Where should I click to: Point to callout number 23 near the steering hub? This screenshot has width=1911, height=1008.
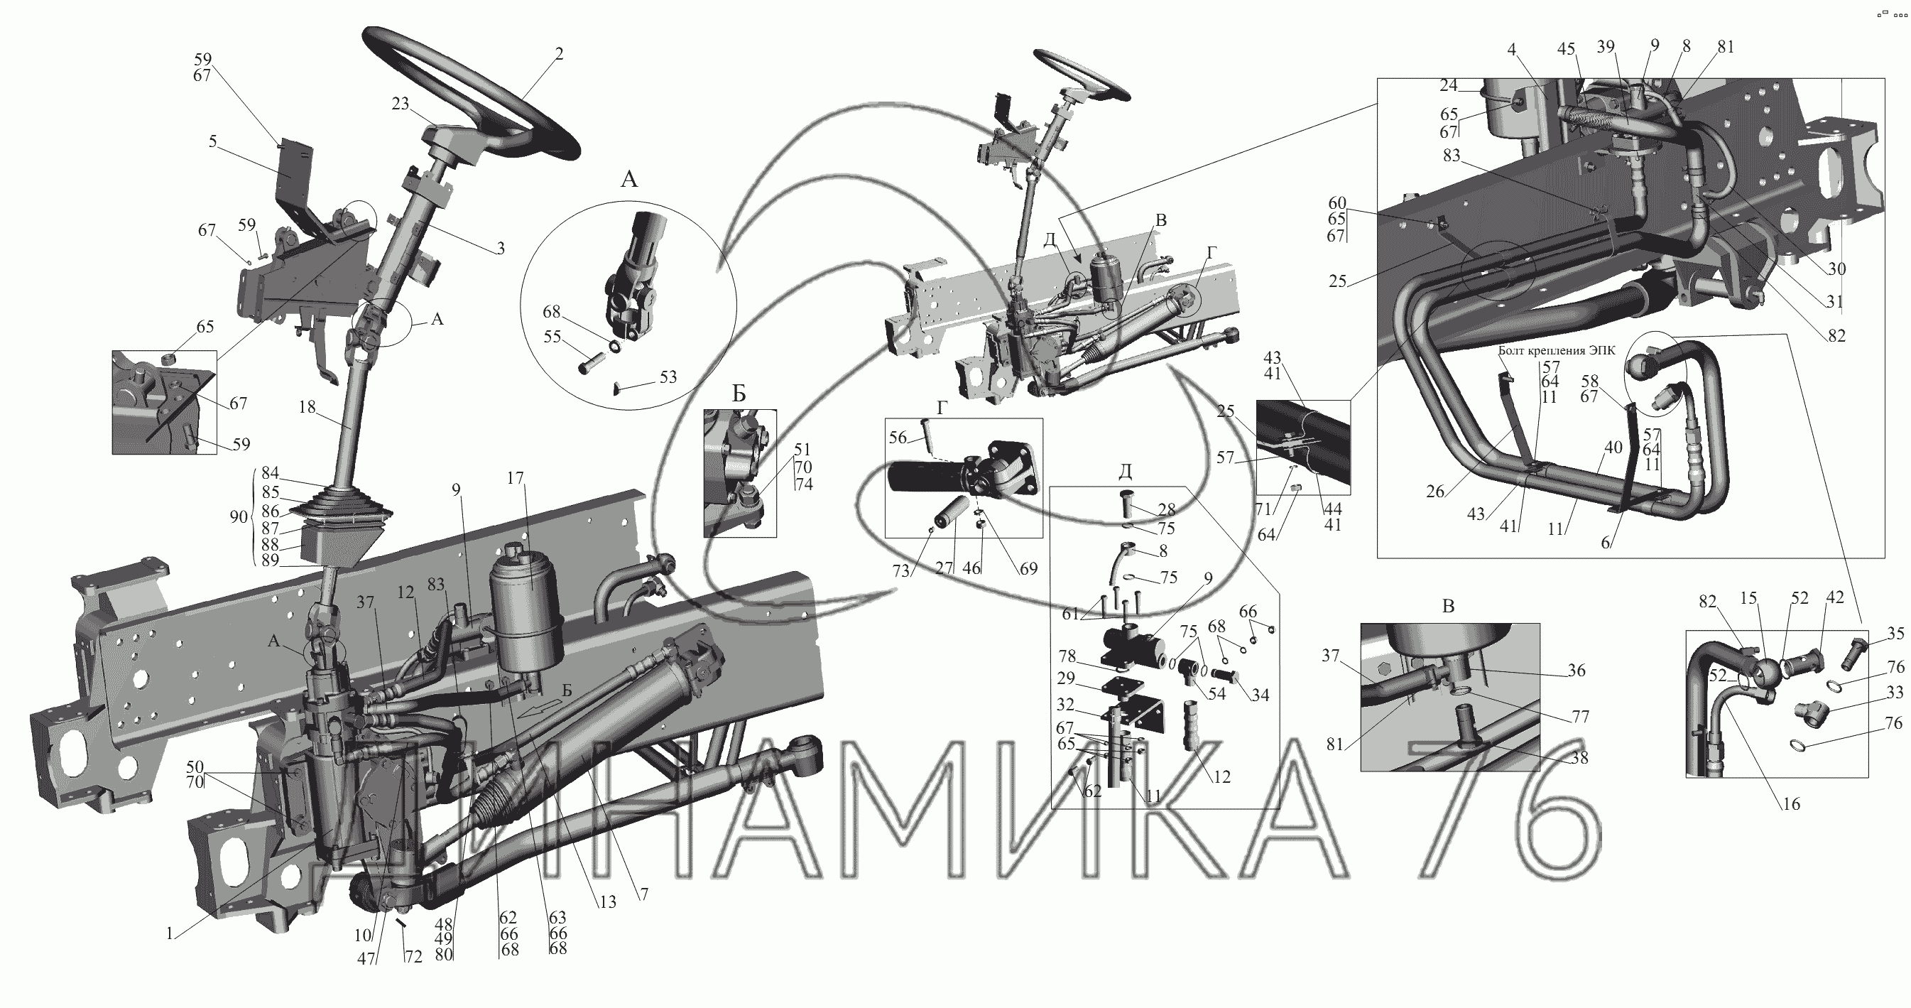click(401, 104)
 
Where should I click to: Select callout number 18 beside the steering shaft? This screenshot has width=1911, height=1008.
click(307, 407)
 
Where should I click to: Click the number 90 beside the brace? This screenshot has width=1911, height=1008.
click(239, 516)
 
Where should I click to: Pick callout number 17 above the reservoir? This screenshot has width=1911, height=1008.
click(516, 479)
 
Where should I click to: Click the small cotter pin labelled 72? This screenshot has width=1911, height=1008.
click(401, 923)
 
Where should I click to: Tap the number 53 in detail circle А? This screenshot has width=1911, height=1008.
click(668, 377)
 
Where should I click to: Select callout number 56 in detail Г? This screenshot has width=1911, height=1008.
click(898, 437)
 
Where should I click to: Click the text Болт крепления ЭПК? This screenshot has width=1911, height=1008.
click(1556, 351)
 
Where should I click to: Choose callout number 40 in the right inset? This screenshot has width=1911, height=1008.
click(1613, 448)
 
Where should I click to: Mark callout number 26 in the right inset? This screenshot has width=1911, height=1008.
click(1434, 491)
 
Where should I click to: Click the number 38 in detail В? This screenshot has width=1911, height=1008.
click(1579, 759)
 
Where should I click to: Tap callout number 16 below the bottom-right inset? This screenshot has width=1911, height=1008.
click(1791, 804)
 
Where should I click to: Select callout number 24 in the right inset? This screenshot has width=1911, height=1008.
click(1449, 85)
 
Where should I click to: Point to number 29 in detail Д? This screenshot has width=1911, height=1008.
click(1065, 678)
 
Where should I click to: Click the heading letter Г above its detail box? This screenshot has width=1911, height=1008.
click(942, 408)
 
